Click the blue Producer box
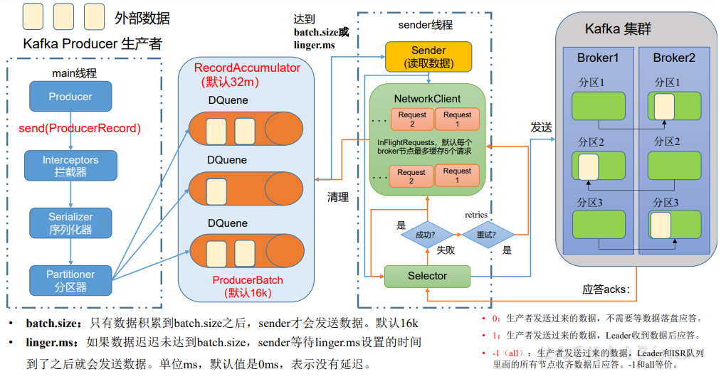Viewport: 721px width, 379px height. click(70, 97)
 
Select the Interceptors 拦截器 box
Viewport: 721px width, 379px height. click(70, 166)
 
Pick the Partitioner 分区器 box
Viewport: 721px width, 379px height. click(70, 280)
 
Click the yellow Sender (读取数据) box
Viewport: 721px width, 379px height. click(428, 57)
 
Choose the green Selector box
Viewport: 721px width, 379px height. click(427, 276)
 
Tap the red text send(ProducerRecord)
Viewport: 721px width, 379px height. click(80, 129)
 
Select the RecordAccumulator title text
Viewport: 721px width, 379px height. click(248, 68)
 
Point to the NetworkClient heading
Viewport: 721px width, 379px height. click(427, 99)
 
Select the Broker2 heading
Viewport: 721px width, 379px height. click(673, 58)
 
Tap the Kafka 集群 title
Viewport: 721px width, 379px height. click(618, 30)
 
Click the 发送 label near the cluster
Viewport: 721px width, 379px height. click(542, 127)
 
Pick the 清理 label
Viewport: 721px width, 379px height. click(338, 197)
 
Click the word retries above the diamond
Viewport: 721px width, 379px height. click(476, 215)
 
